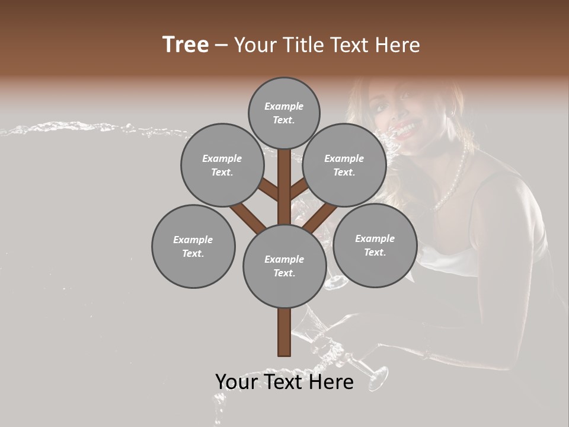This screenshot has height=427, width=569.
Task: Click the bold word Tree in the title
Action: point(186,44)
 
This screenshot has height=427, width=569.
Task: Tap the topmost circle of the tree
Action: point(284,113)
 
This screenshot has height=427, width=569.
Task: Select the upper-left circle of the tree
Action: point(222,165)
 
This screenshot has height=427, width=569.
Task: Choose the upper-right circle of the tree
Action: point(344,165)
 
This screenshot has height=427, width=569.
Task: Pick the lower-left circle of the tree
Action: point(193,246)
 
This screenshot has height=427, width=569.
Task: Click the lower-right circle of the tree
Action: point(375,245)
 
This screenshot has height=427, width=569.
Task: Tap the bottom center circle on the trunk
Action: point(284,266)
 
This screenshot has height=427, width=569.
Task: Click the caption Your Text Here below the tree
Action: point(284,382)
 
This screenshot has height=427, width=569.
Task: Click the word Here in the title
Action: point(401,45)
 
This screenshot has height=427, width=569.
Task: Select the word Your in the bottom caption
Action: point(236,382)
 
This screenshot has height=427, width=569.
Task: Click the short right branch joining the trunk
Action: point(299,189)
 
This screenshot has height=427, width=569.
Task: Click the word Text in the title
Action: point(354,45)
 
